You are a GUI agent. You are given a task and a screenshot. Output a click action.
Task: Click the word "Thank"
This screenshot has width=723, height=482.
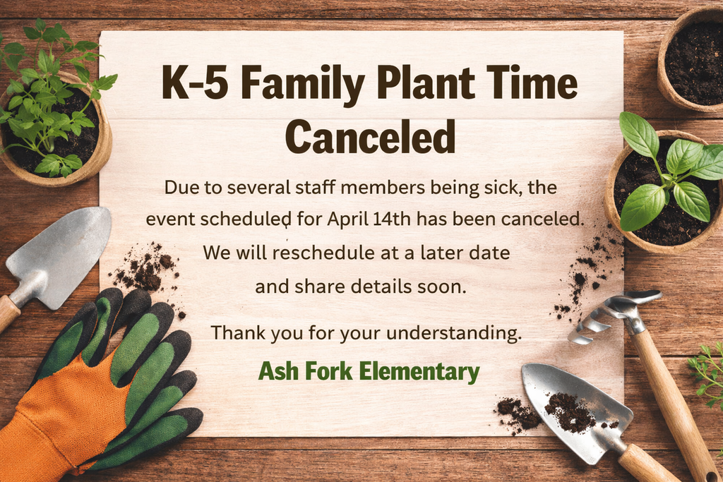click(239, 333)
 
